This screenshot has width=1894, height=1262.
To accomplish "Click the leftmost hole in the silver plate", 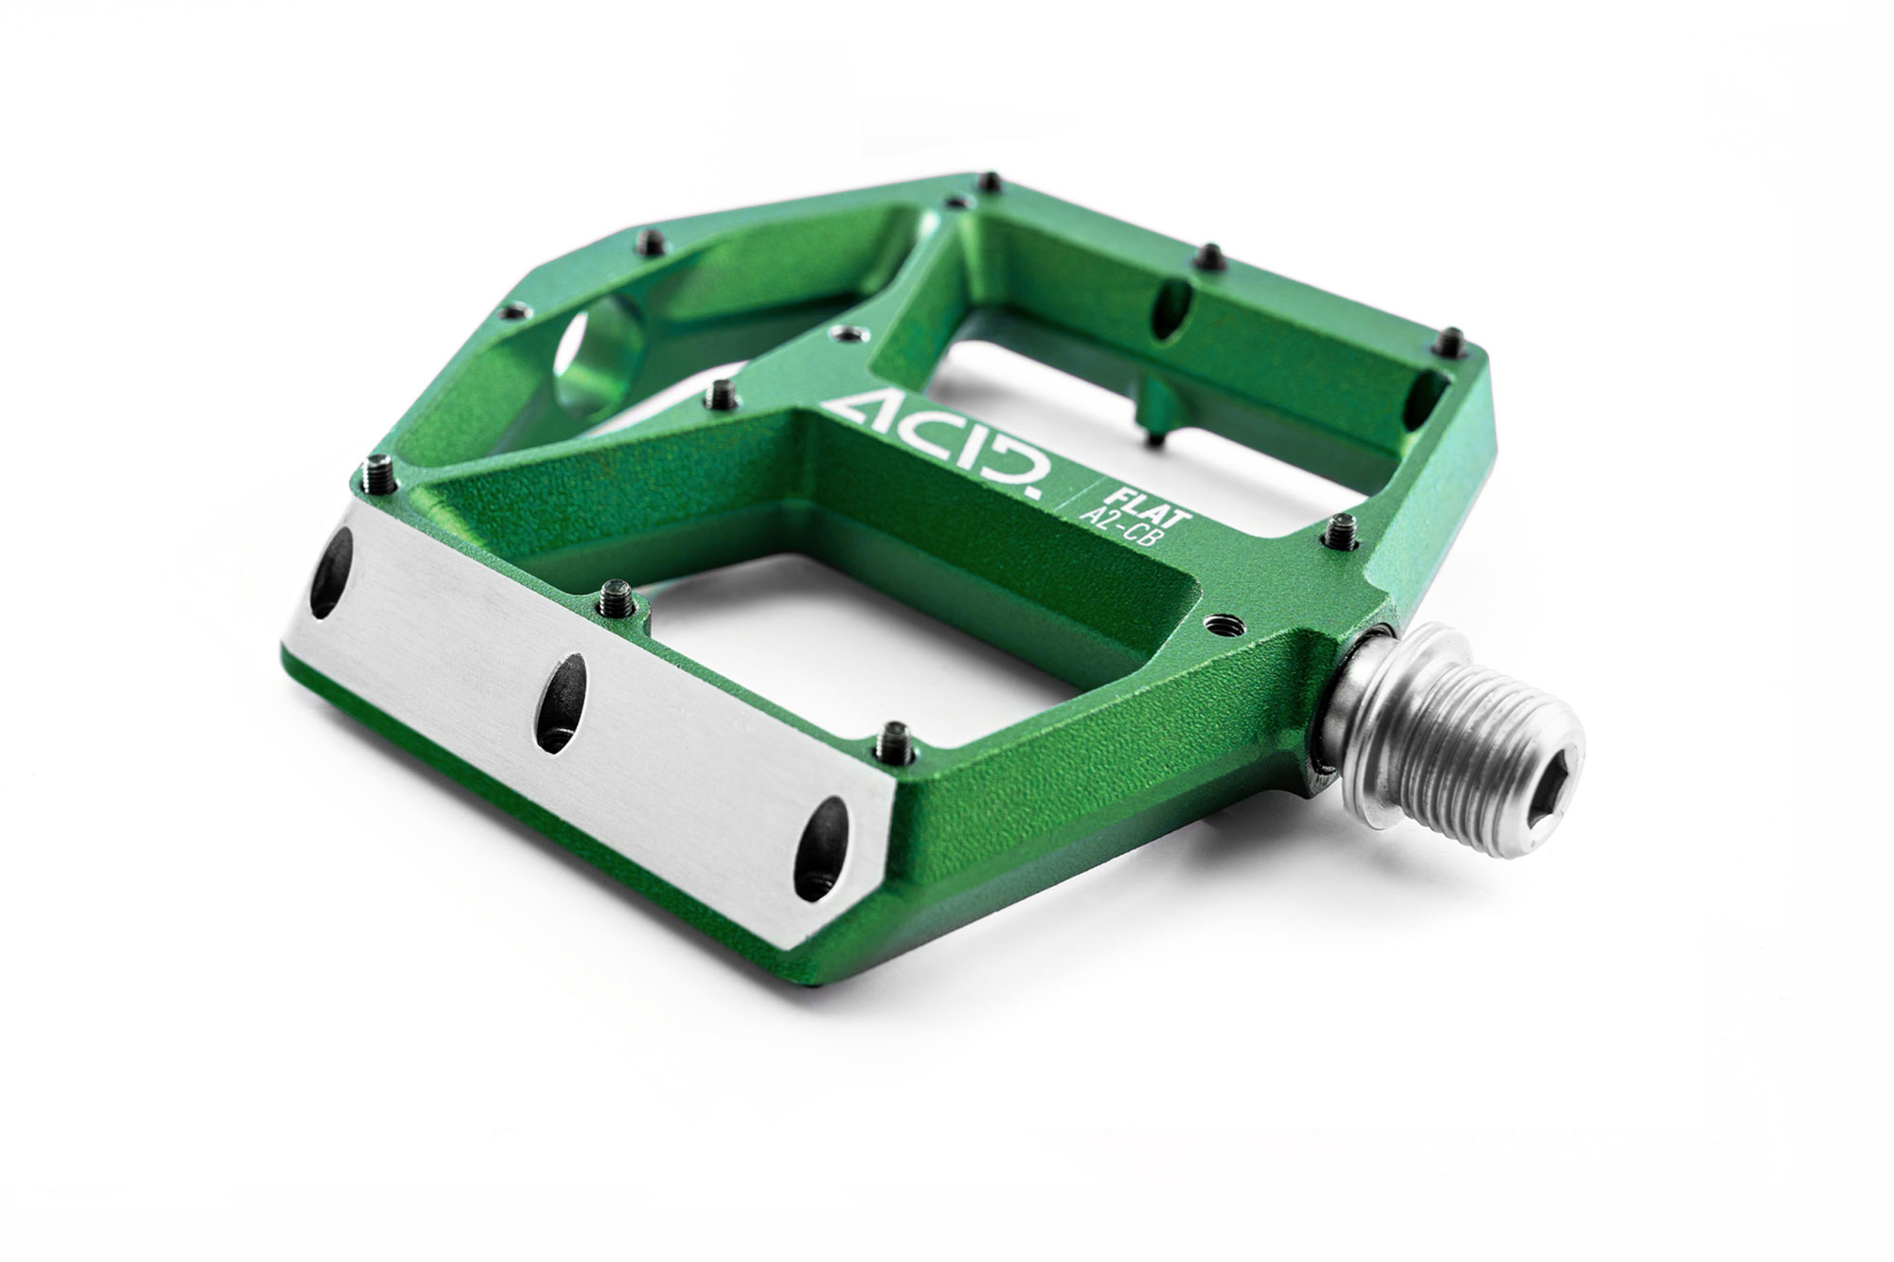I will click(x=331, y=573).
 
